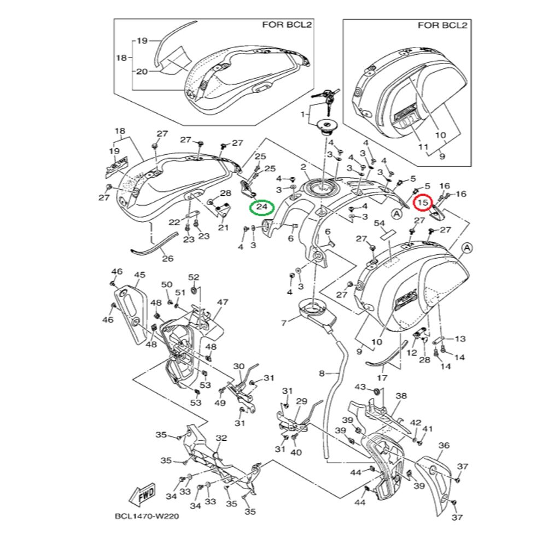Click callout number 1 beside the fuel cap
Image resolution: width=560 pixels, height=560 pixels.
301,115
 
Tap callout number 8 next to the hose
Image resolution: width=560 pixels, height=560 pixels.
322,374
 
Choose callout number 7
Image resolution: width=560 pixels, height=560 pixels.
284,323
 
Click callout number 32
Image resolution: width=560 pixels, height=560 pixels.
221,438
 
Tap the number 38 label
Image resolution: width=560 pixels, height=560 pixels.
401,396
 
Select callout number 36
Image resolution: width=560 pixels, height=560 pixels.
444,446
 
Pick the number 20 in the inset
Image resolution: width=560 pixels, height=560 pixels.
142,72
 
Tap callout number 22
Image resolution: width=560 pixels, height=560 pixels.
174,222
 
